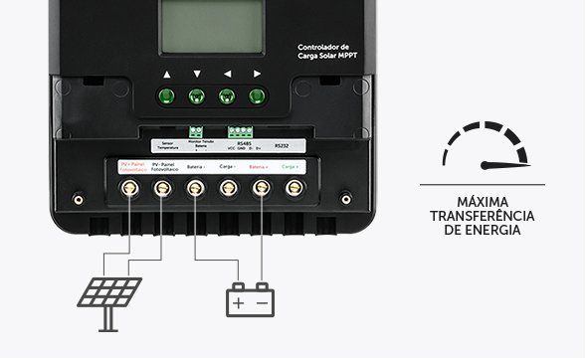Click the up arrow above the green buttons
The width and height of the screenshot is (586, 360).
coord(167,75)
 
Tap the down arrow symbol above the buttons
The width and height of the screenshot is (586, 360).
coord(197,75)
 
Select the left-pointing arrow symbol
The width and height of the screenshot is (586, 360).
coord(227,75)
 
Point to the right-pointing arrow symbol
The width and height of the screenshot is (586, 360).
coord(257,75)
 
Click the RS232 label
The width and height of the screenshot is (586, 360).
coord(281,143)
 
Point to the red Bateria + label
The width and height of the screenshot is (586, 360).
coord(260,167)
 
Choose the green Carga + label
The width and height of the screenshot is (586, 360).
coord(293,167)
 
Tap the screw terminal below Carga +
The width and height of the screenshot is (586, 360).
coord(293,187)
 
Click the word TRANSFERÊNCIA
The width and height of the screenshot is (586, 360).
coord(483,216)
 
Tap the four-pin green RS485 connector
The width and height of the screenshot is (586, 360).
coord(239,130)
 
